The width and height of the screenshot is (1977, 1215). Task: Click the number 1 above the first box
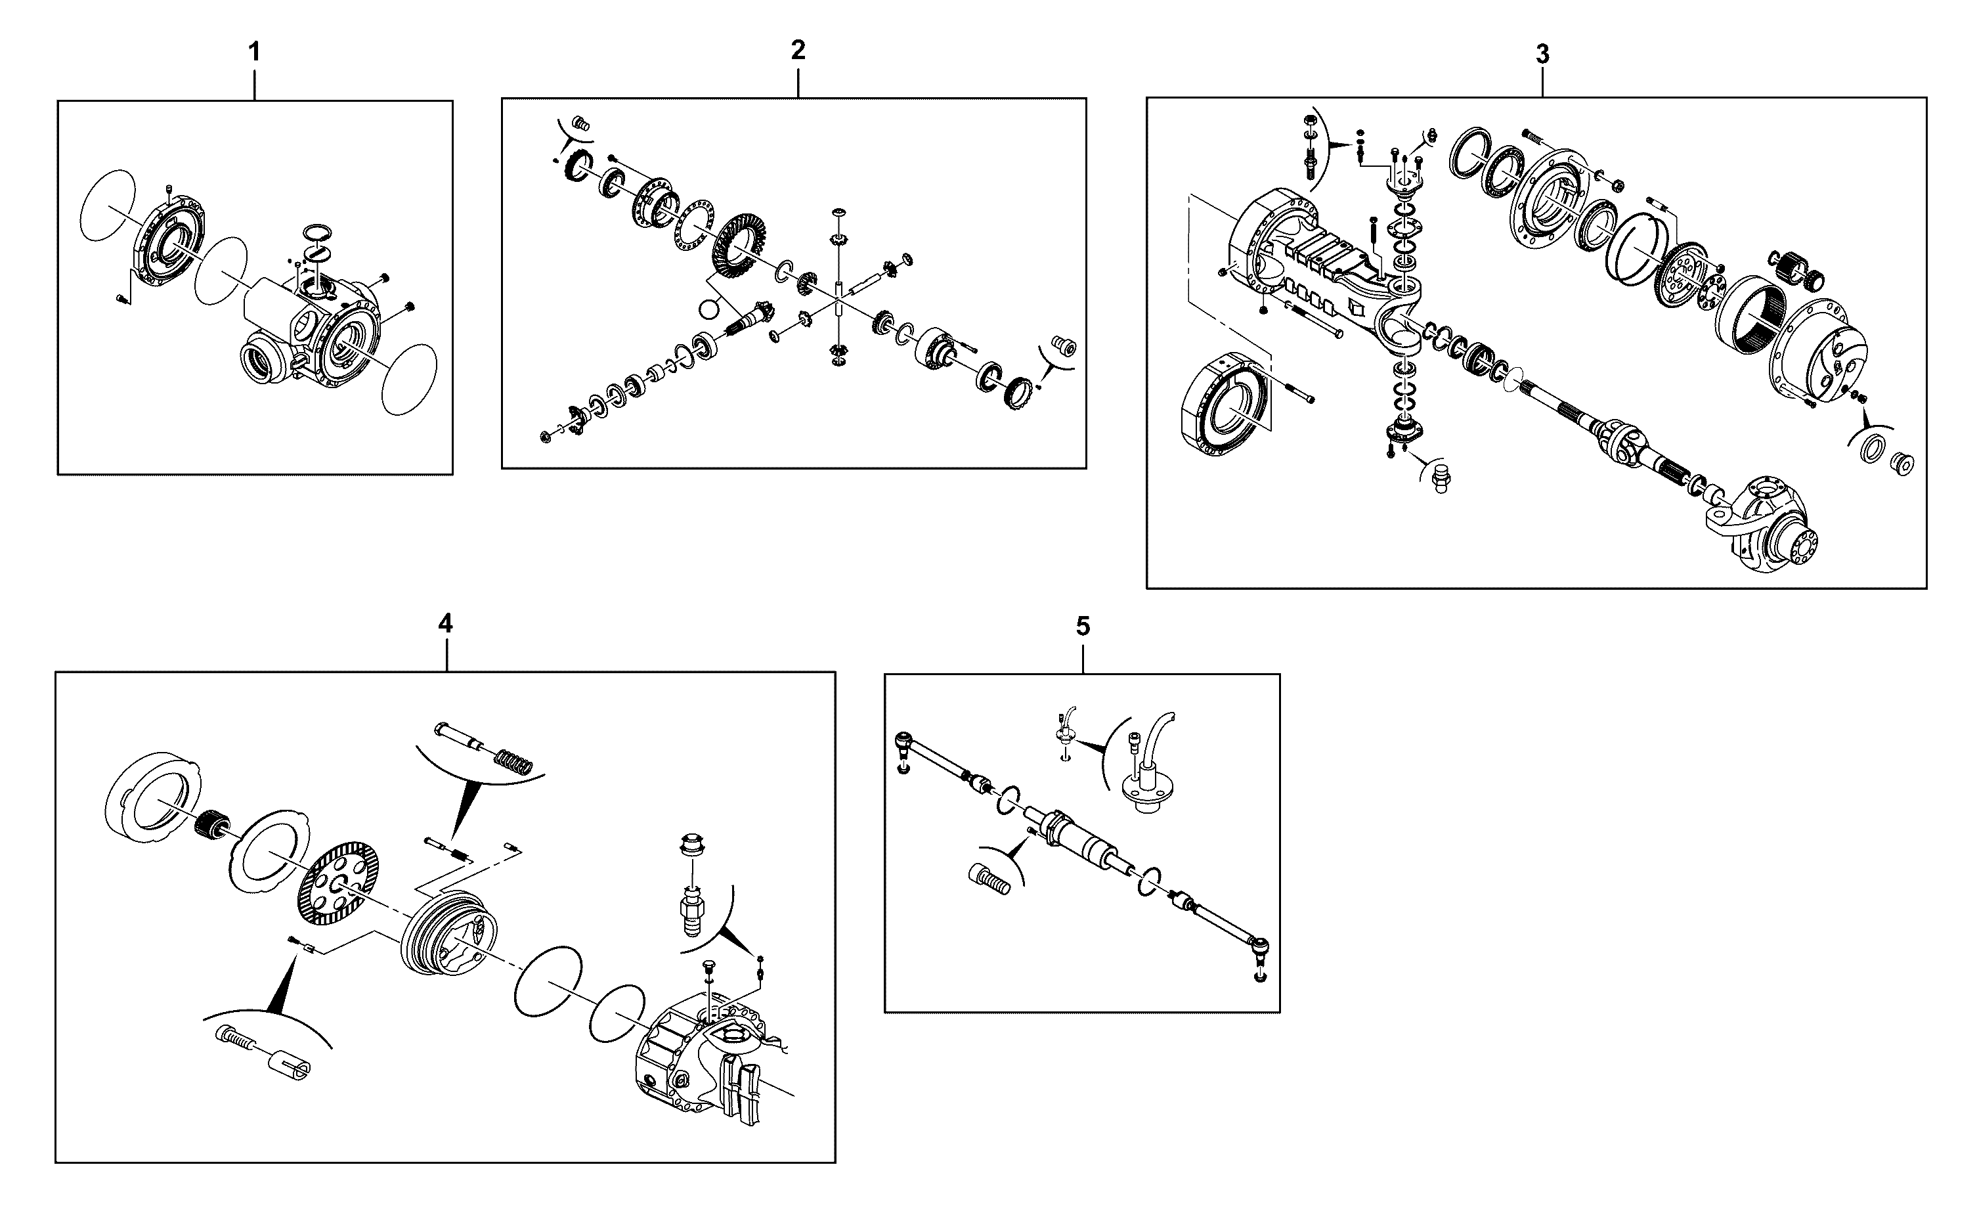click(254, 53)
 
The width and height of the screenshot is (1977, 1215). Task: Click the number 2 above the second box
click(798, 51)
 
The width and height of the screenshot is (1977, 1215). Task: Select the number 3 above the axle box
click(1542, 55)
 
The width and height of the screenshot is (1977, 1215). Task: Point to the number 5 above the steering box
click(1083, 627)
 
